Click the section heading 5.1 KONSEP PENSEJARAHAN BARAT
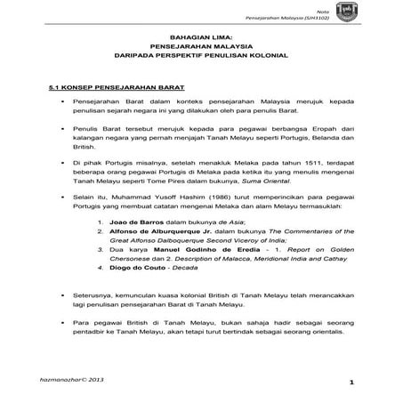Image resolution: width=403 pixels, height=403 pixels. [x=105, y=89]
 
